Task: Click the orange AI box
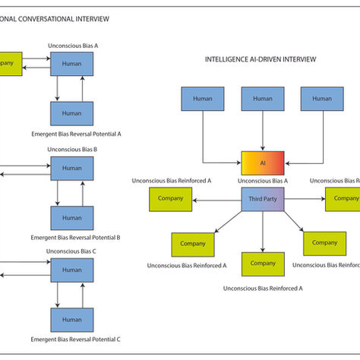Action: point(262,163)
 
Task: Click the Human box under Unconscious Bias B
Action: point(72,168)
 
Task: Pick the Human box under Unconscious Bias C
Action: point(72,270)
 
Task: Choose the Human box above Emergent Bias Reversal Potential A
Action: point(72,113)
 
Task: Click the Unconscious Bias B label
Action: point(72,149)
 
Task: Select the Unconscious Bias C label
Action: point(72,251)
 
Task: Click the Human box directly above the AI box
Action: point(262,98)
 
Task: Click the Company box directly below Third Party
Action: point(262,264)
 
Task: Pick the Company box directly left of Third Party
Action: point(171,199)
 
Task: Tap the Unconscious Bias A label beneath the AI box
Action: point(262,182)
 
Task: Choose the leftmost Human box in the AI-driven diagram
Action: point(203,98)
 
